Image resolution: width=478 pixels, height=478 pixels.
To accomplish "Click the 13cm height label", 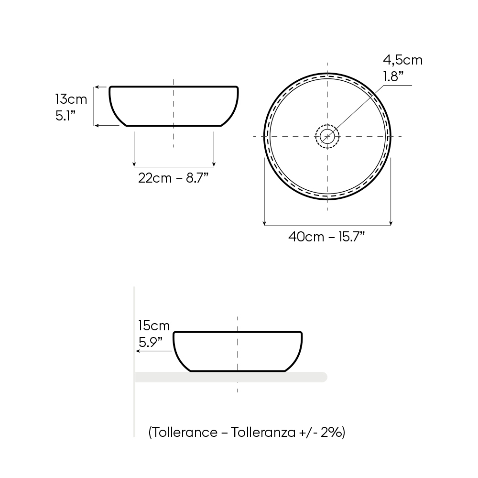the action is [71, 99].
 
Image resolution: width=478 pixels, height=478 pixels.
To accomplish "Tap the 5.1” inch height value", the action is [65, 116].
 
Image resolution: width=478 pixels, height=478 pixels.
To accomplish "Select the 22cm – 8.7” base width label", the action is [173, 178].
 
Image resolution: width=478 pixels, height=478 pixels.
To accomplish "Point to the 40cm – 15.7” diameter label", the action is [326, 237].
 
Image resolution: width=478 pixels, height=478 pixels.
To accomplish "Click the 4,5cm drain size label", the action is [402, 60].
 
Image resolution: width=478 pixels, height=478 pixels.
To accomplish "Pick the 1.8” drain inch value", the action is [393, 76].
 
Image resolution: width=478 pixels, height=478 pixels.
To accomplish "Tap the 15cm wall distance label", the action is [154, 326].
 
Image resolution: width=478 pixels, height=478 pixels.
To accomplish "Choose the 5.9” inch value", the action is [151, 342].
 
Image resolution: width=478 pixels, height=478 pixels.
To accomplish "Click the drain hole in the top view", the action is [327, 136].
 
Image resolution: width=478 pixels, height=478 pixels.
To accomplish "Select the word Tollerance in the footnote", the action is [184, 432].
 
